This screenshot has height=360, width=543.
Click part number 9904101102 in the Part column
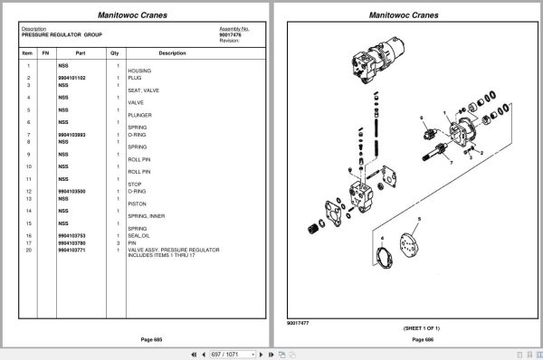pos(72,79)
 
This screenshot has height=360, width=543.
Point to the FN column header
pos(45,54)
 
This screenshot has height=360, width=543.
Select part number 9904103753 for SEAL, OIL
pos(72,236)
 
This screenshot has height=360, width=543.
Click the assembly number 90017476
pos(234,34)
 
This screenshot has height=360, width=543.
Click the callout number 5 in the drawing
pos(419,220)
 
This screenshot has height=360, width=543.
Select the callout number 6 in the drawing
pos(422,119)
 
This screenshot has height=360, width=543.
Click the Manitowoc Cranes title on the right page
pos(406,15)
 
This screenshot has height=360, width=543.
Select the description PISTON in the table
pos(138,204)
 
